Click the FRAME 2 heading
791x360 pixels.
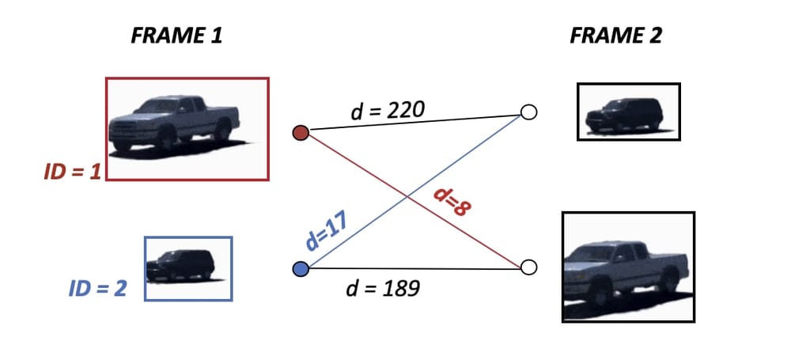click(616, 36)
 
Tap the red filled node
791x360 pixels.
click(300, 133)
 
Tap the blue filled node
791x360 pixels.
click(300, 270)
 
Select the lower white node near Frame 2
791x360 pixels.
click(529, 267)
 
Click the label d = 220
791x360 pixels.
click(388, 111)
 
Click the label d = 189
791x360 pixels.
click(383, 288)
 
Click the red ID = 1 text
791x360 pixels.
click(72, 171)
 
